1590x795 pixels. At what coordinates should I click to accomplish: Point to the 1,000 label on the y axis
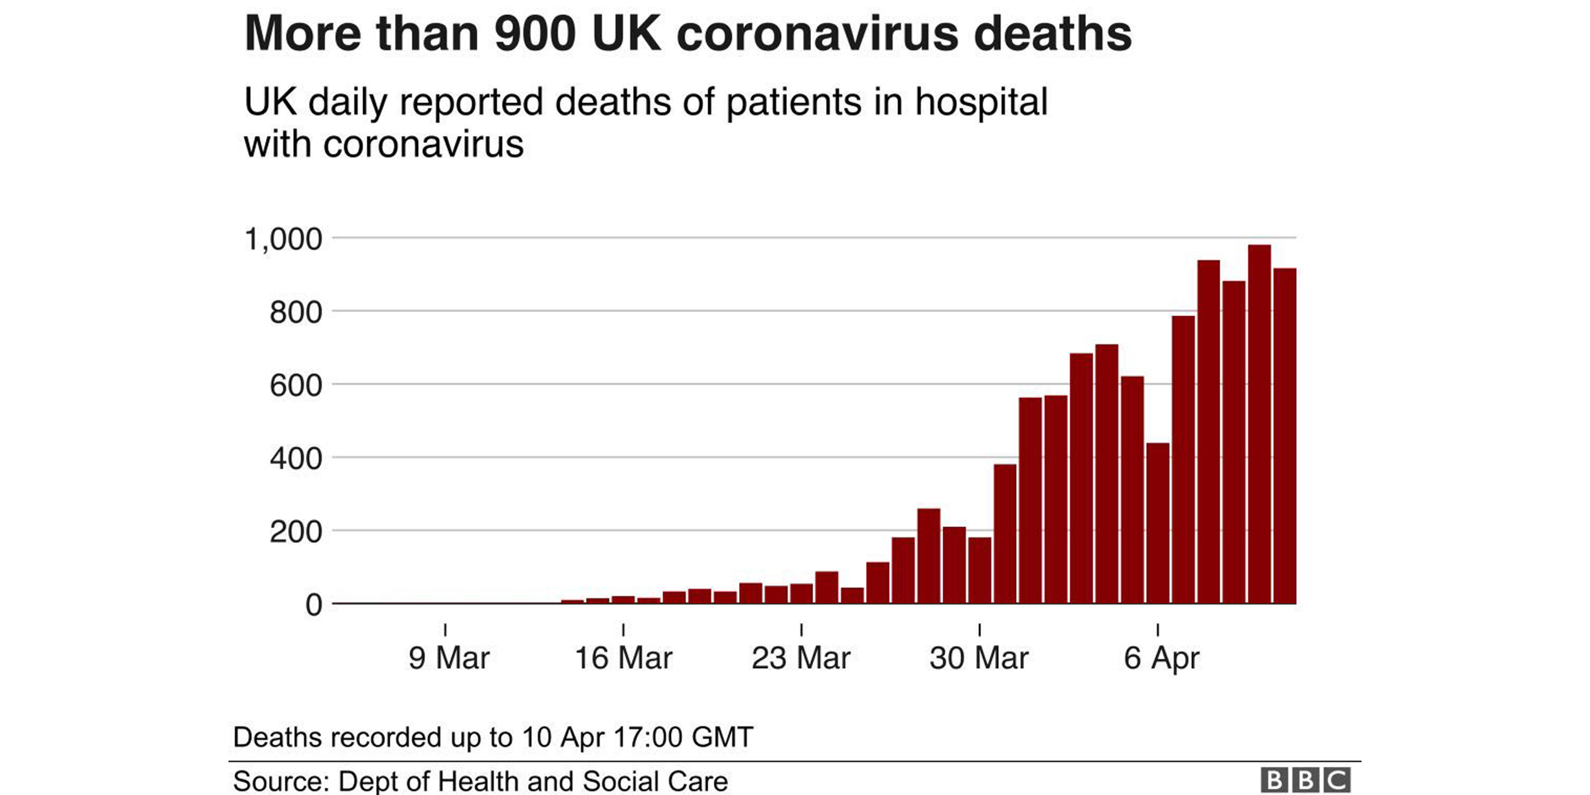click(283, 239)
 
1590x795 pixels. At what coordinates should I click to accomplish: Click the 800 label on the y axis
click(296, 312)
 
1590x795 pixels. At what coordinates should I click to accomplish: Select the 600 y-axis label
click(296, 386)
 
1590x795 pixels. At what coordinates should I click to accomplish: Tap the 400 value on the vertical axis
click(296, 458)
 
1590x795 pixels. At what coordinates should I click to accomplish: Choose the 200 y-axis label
click(296, 532)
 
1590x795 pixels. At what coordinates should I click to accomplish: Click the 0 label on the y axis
click(314, 605)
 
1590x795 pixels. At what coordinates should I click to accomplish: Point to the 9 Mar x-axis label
click(449, 658)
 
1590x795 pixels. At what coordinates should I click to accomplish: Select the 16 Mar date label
click(623, 658)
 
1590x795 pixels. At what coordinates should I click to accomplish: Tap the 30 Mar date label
click(979, 658)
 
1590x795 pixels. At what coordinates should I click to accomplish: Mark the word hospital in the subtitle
click(981, 102)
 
